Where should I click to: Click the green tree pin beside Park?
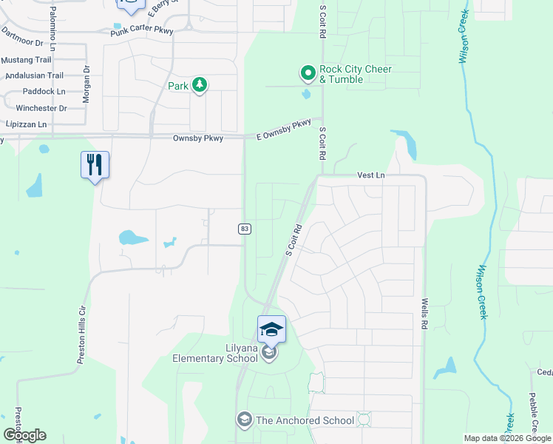coord(199,85)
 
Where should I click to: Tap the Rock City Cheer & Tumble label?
coord(355,74)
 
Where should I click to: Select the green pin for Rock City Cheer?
coord(308,73)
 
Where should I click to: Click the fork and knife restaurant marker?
coord(95,164)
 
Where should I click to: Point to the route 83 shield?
coord(244,229)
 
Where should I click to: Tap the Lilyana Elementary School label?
coord(214,353)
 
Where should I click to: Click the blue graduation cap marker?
coord(271,329)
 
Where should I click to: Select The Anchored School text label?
coord(305,420)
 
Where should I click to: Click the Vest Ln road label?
coord(371,175)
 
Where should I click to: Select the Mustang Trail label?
coord(26,59)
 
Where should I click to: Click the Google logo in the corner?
coord(24,435)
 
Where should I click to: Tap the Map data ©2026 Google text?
coord(507,438)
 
